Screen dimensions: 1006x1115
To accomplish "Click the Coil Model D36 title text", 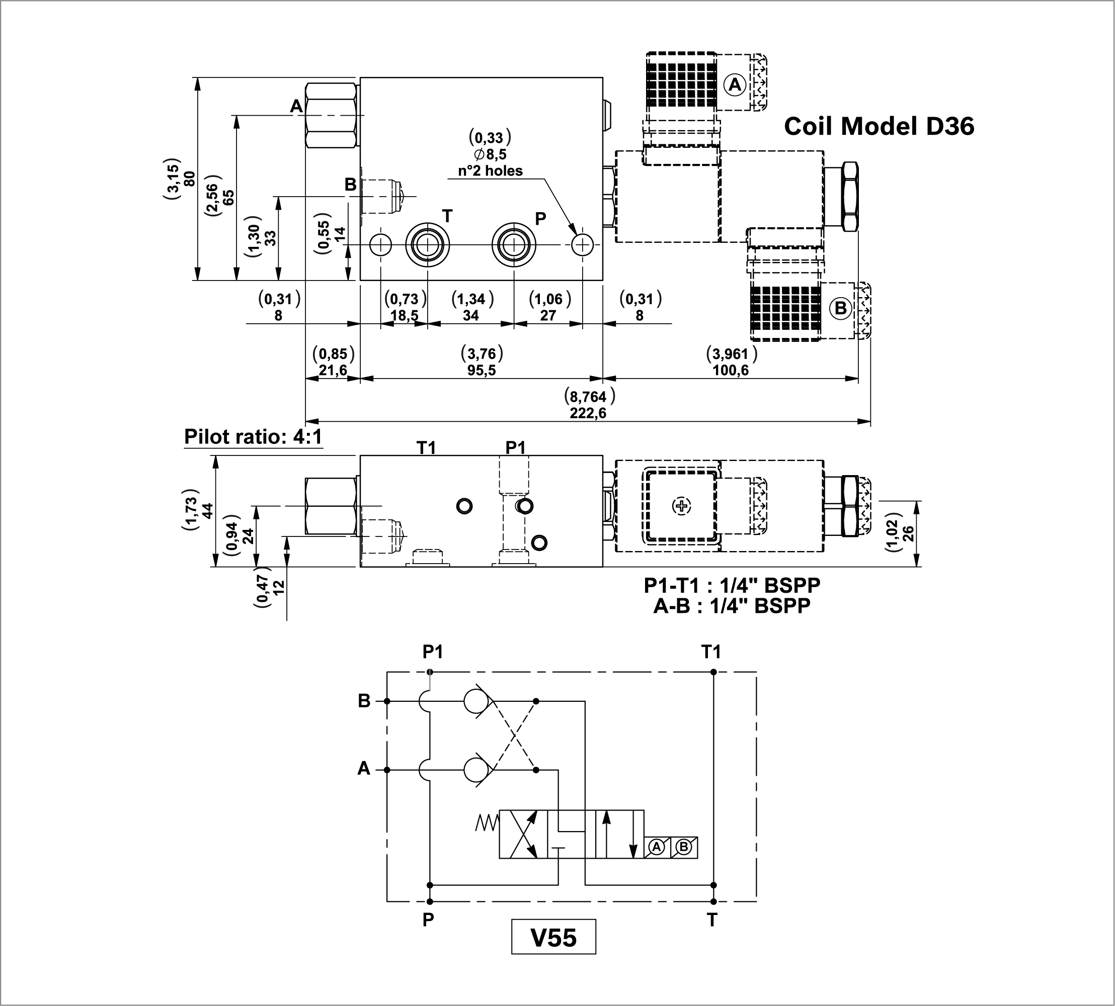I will [x=879, y=127].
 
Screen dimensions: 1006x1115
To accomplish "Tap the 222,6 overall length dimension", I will [x=588, y=413].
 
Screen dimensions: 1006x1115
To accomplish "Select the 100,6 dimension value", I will [x=731, y=370].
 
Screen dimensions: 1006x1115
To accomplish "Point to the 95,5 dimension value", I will [x=482, y=370].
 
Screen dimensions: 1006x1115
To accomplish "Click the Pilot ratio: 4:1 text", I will [x=253, y=437].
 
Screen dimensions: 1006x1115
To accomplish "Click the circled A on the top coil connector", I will [x=735, y=84].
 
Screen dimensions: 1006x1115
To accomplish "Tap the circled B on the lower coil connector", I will [x=840, y=308].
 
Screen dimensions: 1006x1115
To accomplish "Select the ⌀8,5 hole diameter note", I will [x=490, y=154].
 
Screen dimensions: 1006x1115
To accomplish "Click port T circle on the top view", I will [x=428, y=244].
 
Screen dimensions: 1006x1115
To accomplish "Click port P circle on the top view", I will [x=514, y=244].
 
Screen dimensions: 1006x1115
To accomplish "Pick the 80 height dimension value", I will [x=190, y=178].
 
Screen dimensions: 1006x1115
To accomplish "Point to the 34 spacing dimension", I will [x=470, y=316].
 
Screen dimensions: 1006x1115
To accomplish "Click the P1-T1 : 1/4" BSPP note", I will [x=732, y=585].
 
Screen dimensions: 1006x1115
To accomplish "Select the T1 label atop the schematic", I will [x=711, y=652].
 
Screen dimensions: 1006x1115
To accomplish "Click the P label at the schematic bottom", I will [x=428, y=920].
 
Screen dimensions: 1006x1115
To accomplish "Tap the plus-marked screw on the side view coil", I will [x=681, y=506].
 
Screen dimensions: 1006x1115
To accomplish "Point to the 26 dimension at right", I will [x=908, y=533].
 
